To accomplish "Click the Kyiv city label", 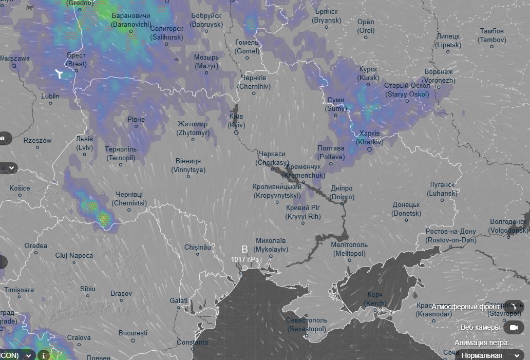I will [x=237, y=121].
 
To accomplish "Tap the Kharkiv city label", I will [x=369, y=138].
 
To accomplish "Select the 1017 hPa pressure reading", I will [x=245, y=259].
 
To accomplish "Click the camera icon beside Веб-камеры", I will [x=513, y=327].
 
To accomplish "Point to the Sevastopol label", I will [x=307, y=325].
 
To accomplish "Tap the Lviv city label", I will [x=84, y=143].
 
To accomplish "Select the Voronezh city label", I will [x=439, y=77].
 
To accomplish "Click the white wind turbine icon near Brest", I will [x=60, y=74].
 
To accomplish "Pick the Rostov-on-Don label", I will [x=451, y=236].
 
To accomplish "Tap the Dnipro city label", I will [x=342, y=193].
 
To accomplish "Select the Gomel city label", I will [x=247, y=47].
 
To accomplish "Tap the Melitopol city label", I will [x=349, y=249].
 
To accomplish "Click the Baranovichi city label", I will [x=130, y=20].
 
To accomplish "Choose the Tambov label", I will [x=491, y=35].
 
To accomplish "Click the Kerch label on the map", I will [x=376, y=299].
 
